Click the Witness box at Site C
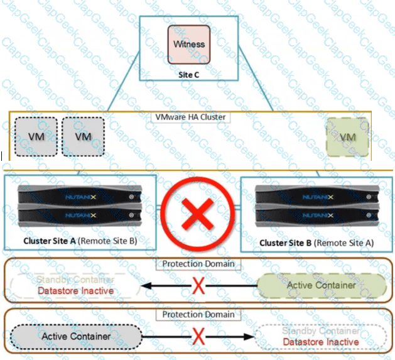click(188, 44)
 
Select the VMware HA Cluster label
click(190, 117)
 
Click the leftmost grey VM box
click(35, 137)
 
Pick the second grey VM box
click(83, 137)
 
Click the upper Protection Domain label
click(197, 264)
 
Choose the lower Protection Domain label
click(197, 314)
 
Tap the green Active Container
click(321, 285)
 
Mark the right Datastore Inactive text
click(321, 342)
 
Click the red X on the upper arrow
click(198, 286)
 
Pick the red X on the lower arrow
click(198, 336)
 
